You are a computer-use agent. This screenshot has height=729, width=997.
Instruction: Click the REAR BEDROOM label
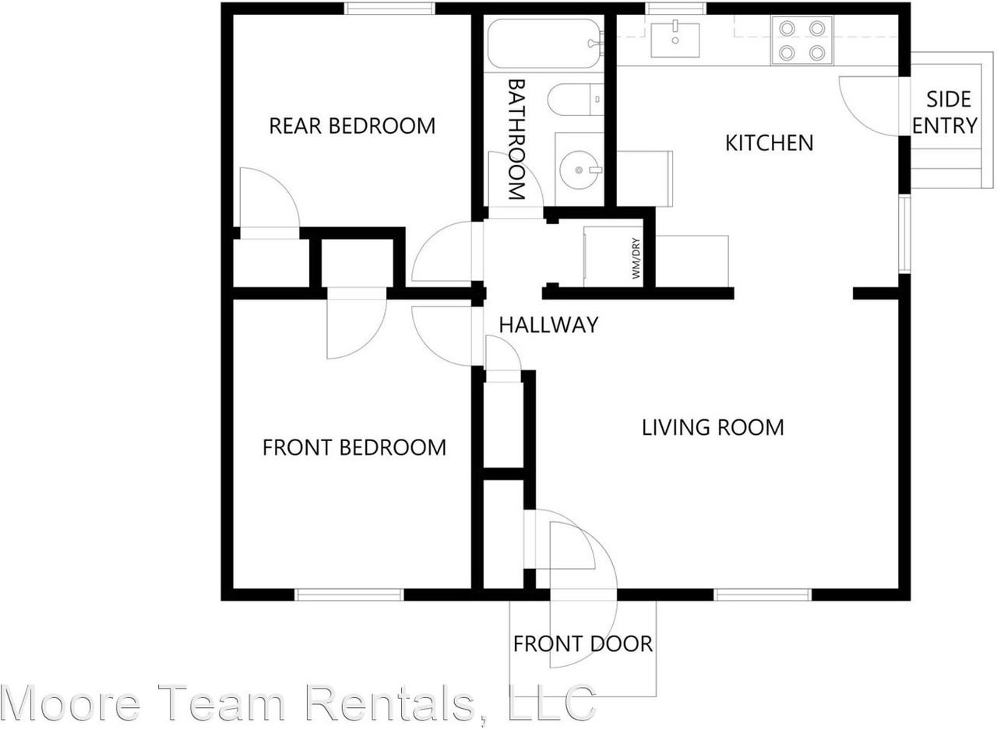[x=352, y=125]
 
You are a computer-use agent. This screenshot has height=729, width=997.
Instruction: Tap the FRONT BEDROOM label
[x=354, y=447]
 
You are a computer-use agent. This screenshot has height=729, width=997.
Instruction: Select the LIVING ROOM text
[x=712, y=427]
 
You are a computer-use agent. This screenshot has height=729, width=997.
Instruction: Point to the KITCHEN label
[x=769, y=143]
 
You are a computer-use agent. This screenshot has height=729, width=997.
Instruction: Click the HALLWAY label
[x=548, y=324]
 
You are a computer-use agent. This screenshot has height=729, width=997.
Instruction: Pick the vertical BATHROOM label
[x=516, y=138]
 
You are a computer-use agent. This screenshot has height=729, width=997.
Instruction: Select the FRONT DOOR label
[x=583, y=643]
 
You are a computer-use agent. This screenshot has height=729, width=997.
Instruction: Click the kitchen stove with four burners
[x=801, y=40]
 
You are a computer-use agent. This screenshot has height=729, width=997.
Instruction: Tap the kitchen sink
[x=675, y=38]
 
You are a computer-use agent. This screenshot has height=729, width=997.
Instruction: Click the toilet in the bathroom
[x=575, y=100]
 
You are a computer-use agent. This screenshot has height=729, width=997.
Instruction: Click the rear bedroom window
[x=389, y=9]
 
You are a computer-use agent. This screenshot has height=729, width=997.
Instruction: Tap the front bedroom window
[x=349, y=595]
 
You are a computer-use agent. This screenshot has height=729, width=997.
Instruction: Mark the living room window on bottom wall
[x=763, y=595]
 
